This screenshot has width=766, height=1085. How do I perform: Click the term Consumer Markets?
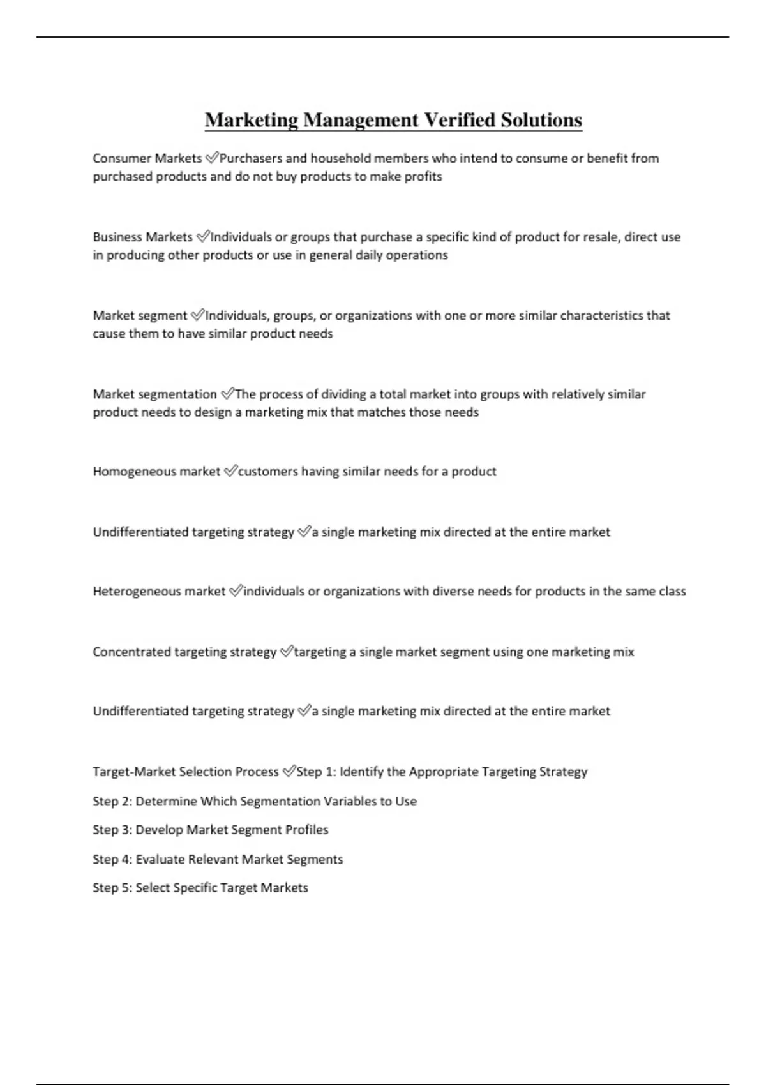pos(147,158)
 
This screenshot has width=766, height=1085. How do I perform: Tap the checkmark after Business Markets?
pos(202,237)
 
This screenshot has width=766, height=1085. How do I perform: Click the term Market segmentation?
pos(155,394)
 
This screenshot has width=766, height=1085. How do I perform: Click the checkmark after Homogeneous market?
pos(230,472)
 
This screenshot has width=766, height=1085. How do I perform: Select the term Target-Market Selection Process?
pos(186,772)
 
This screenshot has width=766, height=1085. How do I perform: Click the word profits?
pos(424,177)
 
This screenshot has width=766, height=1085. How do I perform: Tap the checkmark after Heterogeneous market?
pos(235,592)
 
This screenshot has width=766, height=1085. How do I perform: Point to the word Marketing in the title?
pos(252,120)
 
